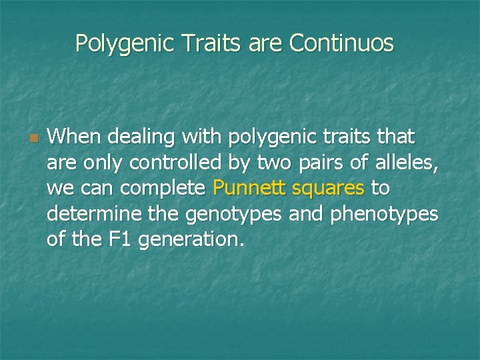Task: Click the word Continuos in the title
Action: pyautogui.click(x=341, y=44)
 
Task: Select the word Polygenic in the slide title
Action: pyautogui.click(x=123, y=44)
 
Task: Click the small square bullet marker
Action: pyautogui.click(x=31, y=139)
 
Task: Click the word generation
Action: pyautogui.click(x=193, y=240)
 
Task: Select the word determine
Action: pyautogui.click(x=82, y=215)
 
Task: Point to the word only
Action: pyautogui.click(x=101, y=163)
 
